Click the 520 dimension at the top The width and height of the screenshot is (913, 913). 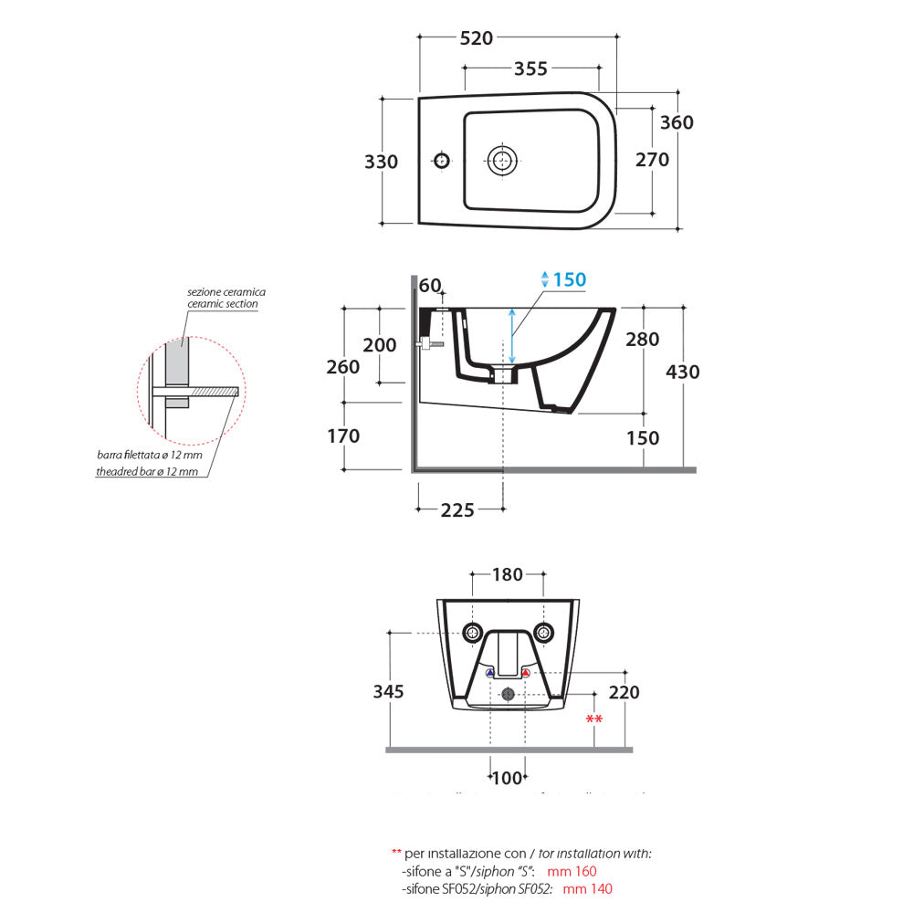[476, 38]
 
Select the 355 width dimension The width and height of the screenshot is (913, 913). [530, 68]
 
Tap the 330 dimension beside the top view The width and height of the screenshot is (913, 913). [381, 162]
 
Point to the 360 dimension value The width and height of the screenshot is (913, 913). [677, 122]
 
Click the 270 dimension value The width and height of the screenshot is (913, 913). [652, 160]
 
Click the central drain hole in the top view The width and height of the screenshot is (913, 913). [500, 161]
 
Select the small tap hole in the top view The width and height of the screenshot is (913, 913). [441, 161]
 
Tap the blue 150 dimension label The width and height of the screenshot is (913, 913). [570, 280]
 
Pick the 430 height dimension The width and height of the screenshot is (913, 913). [683, 372]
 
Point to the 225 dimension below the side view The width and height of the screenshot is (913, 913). [457, 510]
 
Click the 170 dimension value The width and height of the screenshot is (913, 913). [343, 436]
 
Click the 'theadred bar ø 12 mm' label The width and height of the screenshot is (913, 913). [148, 471]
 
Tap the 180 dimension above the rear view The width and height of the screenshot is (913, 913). [508, 574]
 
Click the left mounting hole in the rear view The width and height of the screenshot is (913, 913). [472, 632]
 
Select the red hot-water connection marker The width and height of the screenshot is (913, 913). [526, 673]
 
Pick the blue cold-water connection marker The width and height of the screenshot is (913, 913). [490, 673]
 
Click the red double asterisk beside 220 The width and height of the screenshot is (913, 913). [594, 720]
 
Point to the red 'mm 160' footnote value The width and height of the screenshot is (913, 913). [579, 871]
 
